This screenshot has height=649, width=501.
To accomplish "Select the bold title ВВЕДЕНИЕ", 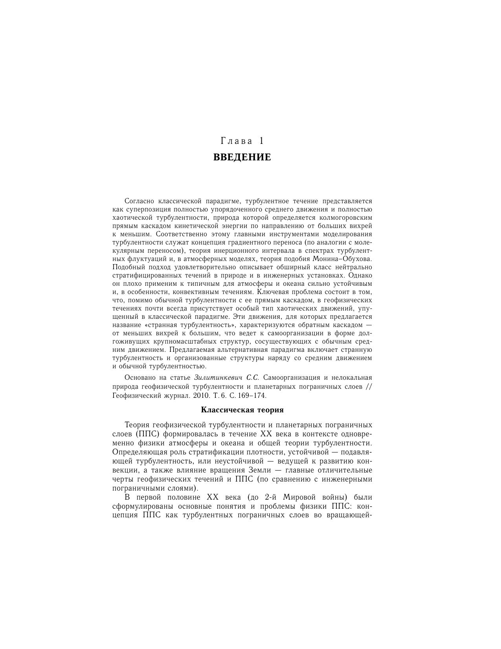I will (242, 157).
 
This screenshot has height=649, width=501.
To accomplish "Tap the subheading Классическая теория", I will (242, 410).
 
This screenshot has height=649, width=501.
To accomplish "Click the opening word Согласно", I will (138, 201).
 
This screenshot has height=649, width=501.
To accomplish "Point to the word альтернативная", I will (235, 350).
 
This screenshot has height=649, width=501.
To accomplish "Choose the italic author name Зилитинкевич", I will (218, 377).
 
